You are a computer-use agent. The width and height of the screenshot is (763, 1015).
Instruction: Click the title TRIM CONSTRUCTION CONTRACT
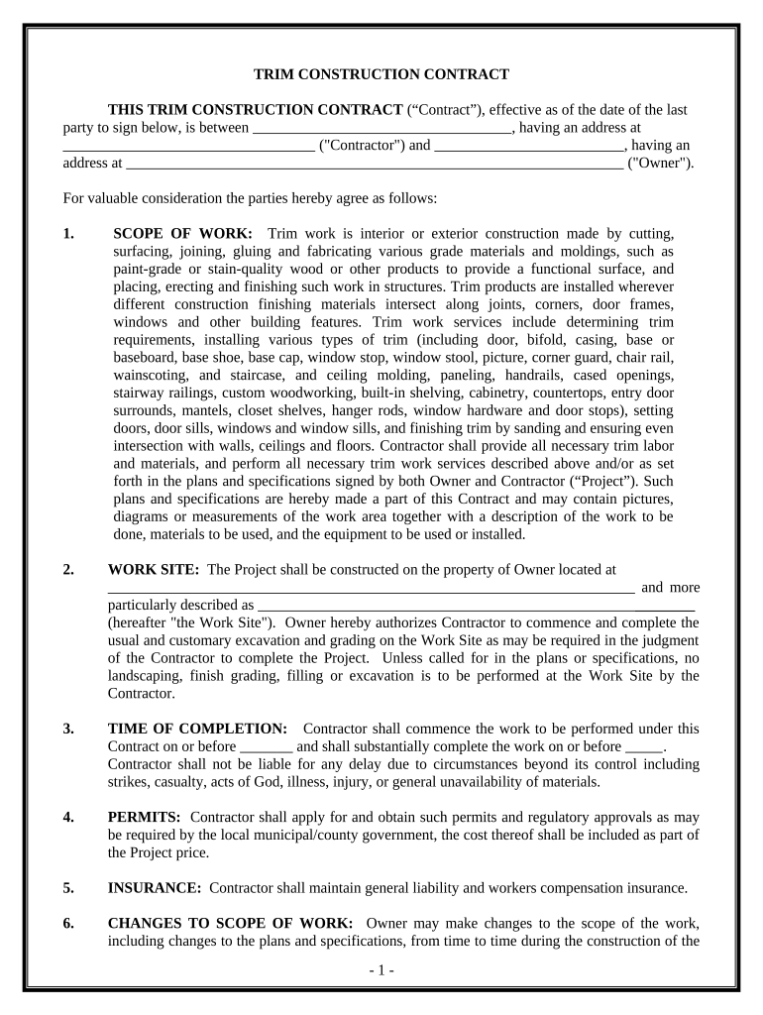tap(381, 74)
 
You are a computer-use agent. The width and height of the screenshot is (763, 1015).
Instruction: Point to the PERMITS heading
tap(144, 817)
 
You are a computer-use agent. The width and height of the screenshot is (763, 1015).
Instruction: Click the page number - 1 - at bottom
tap(381, 970)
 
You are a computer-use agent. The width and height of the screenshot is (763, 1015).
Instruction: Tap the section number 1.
tap(68, 234)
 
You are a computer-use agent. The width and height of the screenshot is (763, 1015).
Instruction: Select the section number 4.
tap(68, 817)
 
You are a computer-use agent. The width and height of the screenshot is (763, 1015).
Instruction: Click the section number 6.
tap(68, 924)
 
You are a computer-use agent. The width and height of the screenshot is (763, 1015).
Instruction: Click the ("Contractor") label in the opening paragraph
tap(362, 146)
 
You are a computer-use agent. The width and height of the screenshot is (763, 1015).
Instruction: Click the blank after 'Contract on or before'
tap(267, 747)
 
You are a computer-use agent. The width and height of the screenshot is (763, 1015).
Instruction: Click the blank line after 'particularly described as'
tap(476, 606)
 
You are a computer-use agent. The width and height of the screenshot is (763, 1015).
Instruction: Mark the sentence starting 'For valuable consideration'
tap(249, 198)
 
